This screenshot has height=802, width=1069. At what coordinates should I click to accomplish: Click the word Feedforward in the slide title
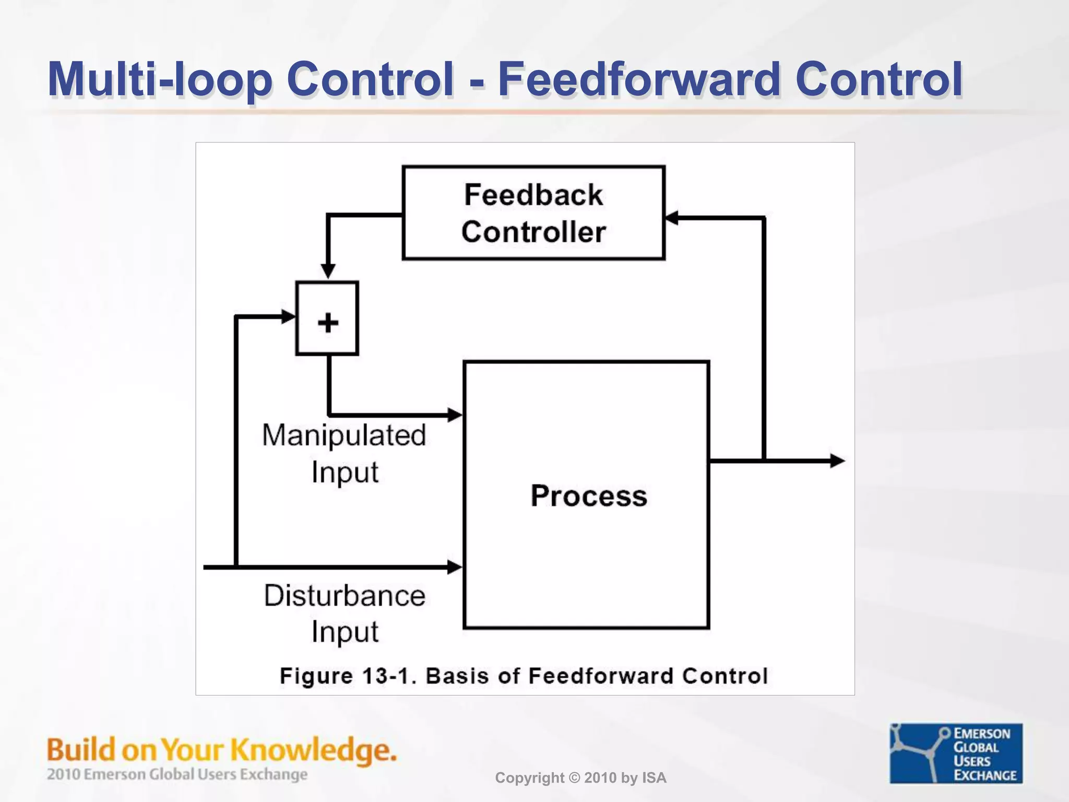(x=640, y=79)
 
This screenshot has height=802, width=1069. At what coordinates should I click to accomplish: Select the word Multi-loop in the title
(x=159, y=79)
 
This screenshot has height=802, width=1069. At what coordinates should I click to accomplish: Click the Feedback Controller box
(x=533, y=213)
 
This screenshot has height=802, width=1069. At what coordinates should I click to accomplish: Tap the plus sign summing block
(x=327, y=319)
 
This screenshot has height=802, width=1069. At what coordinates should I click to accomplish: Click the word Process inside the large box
(x=588, y=496)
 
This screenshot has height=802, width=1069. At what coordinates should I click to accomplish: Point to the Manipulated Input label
(x=345, y=453)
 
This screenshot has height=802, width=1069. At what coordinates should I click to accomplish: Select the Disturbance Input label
(x=345, y=613)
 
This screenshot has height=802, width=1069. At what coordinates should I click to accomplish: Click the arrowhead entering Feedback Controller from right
(x=672, y=218)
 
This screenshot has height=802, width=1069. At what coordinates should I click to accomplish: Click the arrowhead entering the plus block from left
(x=288, y=316)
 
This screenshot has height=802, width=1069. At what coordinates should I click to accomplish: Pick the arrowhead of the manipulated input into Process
(x=455, y=415)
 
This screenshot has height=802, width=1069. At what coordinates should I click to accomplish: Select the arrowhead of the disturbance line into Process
(x=455, y=567)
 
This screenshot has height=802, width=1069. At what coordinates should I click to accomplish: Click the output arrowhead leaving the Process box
(x=837, y=461)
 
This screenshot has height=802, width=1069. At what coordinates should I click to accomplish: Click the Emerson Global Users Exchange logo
(x=956, y=753)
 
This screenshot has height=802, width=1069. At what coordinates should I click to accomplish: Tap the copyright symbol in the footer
(x=573, y=778)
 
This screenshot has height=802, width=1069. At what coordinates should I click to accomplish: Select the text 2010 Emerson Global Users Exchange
(x=177, y=774)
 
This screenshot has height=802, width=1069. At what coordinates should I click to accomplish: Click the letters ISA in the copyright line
(x=654, y=778)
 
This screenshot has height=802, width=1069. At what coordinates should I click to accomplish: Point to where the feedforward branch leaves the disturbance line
(x=236, y=567)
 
